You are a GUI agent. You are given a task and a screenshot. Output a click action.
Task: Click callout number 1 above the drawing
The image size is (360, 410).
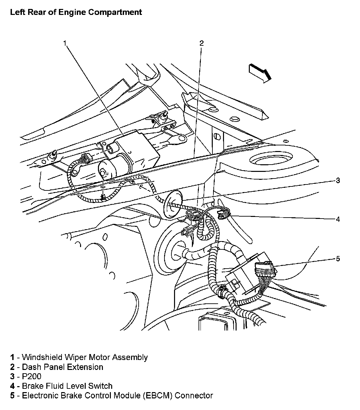point(65,43)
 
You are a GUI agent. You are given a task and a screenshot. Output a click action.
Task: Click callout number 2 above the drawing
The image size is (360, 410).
point(202,43)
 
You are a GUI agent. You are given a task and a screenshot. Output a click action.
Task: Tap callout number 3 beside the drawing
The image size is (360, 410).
point(338,180)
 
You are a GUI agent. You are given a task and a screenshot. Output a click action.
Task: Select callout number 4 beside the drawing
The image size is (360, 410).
point(338,219)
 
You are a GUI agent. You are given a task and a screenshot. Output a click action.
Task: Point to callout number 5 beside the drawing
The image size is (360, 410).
point(338,259)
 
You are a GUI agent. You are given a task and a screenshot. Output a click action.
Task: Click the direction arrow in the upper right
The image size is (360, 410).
point(260,73)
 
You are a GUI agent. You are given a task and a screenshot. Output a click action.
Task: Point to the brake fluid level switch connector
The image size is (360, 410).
point(222,216)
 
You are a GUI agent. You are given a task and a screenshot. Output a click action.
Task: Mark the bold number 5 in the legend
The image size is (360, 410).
point(12,395)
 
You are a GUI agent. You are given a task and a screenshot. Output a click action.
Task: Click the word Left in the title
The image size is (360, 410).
point(17,13)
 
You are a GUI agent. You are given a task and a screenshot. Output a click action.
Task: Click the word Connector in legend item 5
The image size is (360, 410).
point(194,395)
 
